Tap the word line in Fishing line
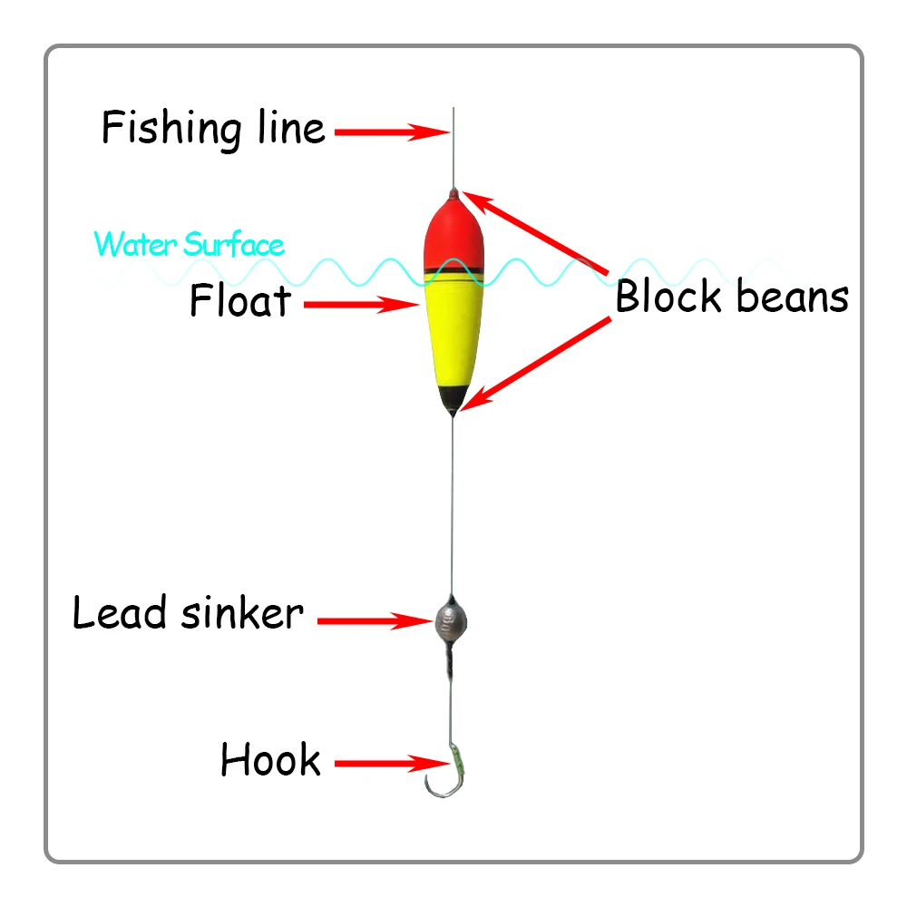[285, 127]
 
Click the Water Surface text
[189, 244]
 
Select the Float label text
[240, 301]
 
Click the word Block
[669, 297]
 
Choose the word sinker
[242, 613]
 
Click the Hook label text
[270, 760]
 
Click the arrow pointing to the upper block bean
[535, 232]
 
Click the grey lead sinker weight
[450, 619]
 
